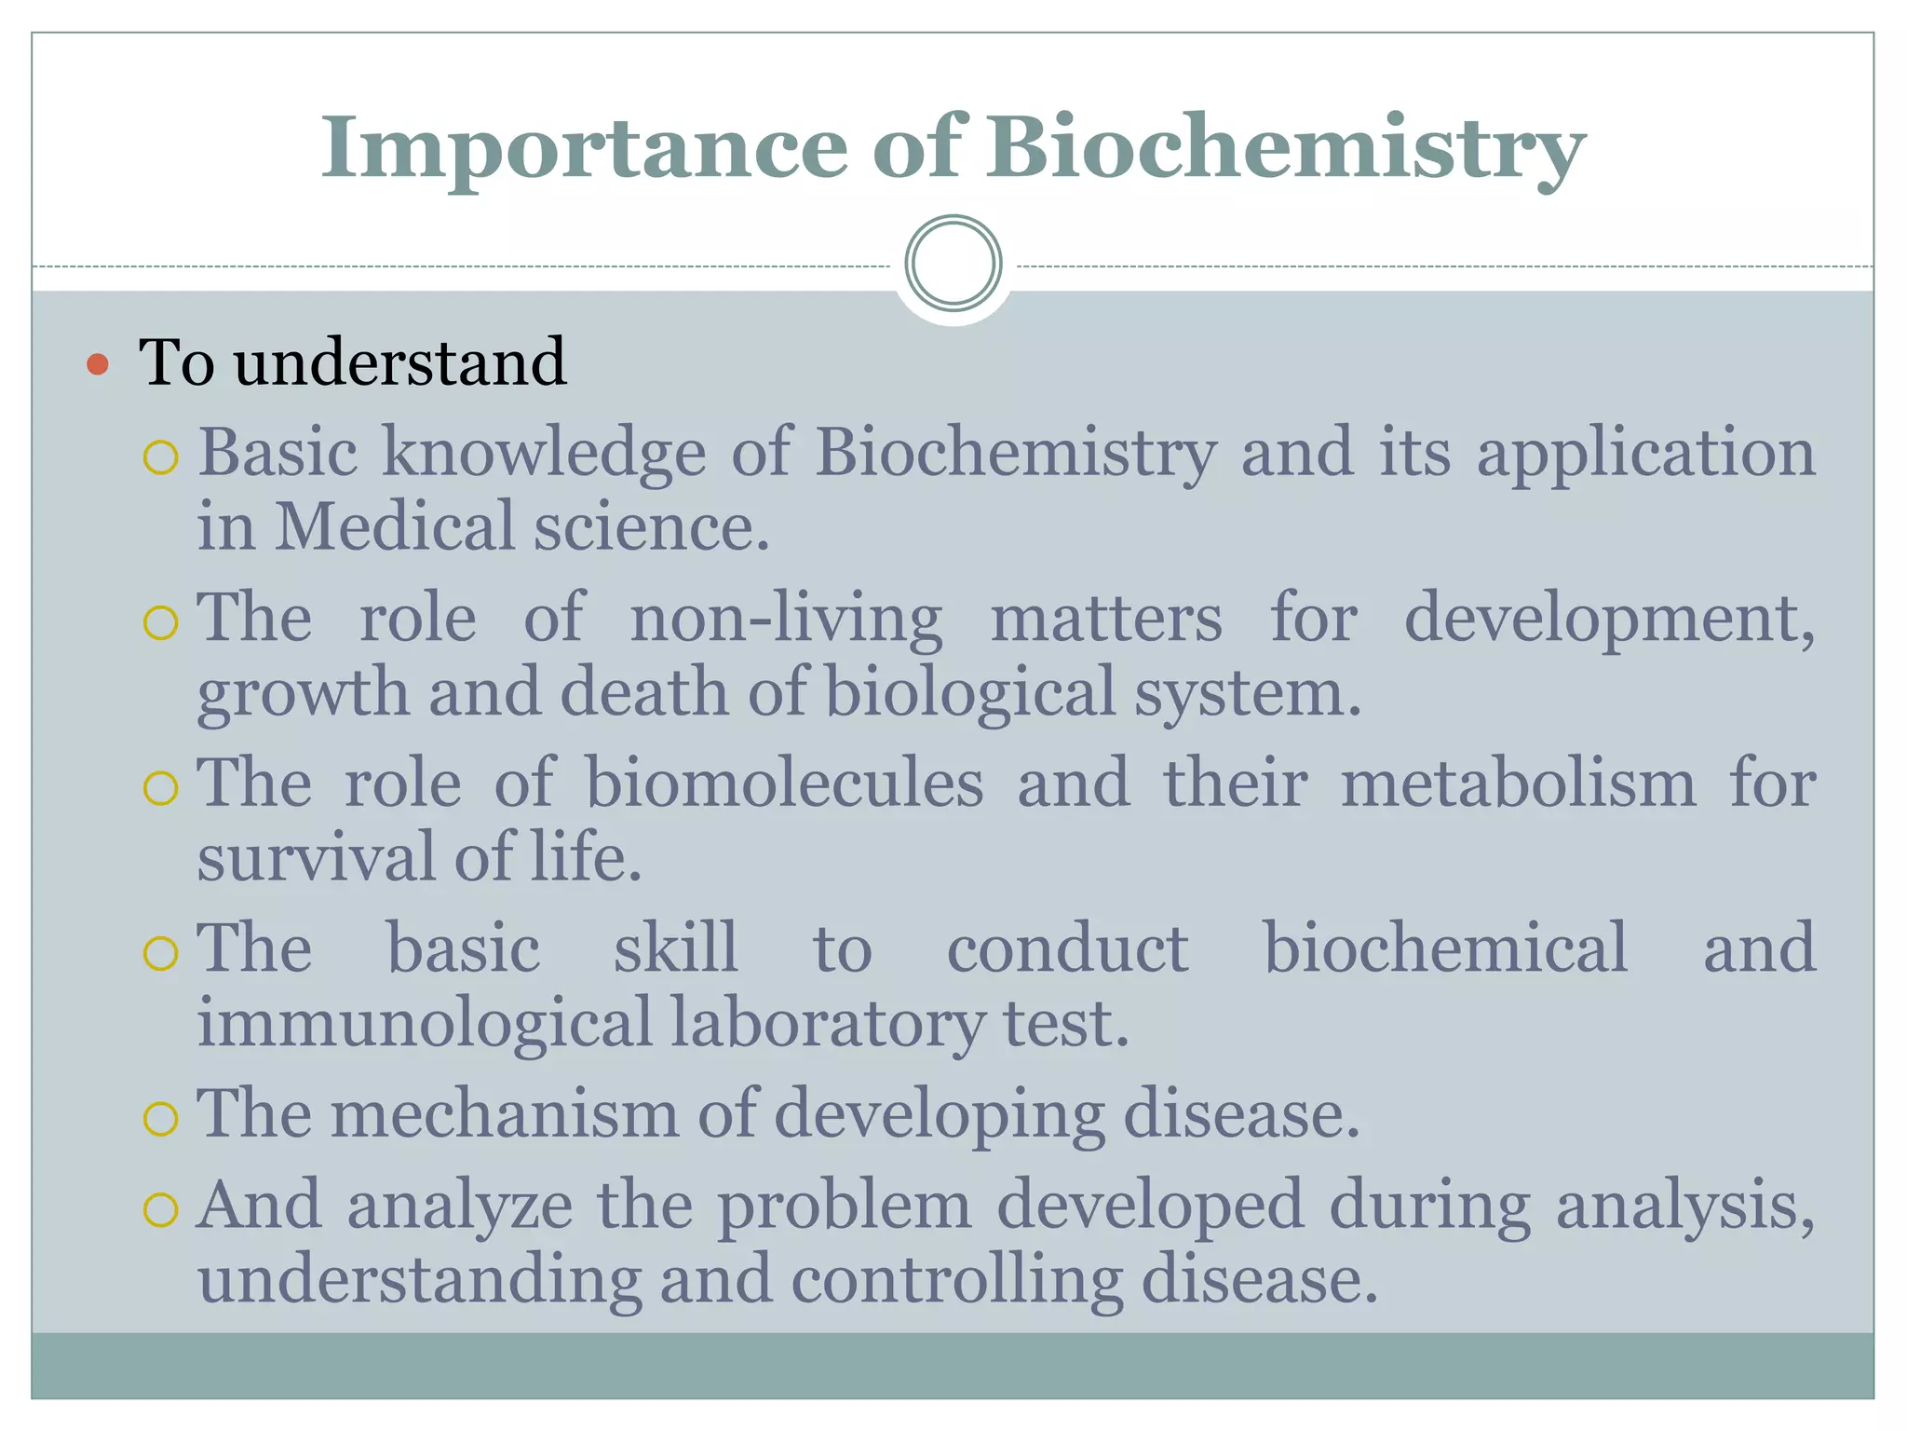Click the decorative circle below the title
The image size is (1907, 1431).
click(x=953, y=264)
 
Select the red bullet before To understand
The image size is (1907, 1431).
click(x=97, y=364)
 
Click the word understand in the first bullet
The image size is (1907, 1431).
click(x=399, y=362)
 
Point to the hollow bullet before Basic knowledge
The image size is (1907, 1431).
click(x=161, y=458)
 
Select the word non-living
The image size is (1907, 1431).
click(x=786, y=620)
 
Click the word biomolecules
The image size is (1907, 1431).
click(x=784, y=784)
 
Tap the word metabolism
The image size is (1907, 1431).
click(x=1518, y=784)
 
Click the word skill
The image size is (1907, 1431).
click(x=676, y=948)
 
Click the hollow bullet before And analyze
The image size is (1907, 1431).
click(x=161, y=1210)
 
